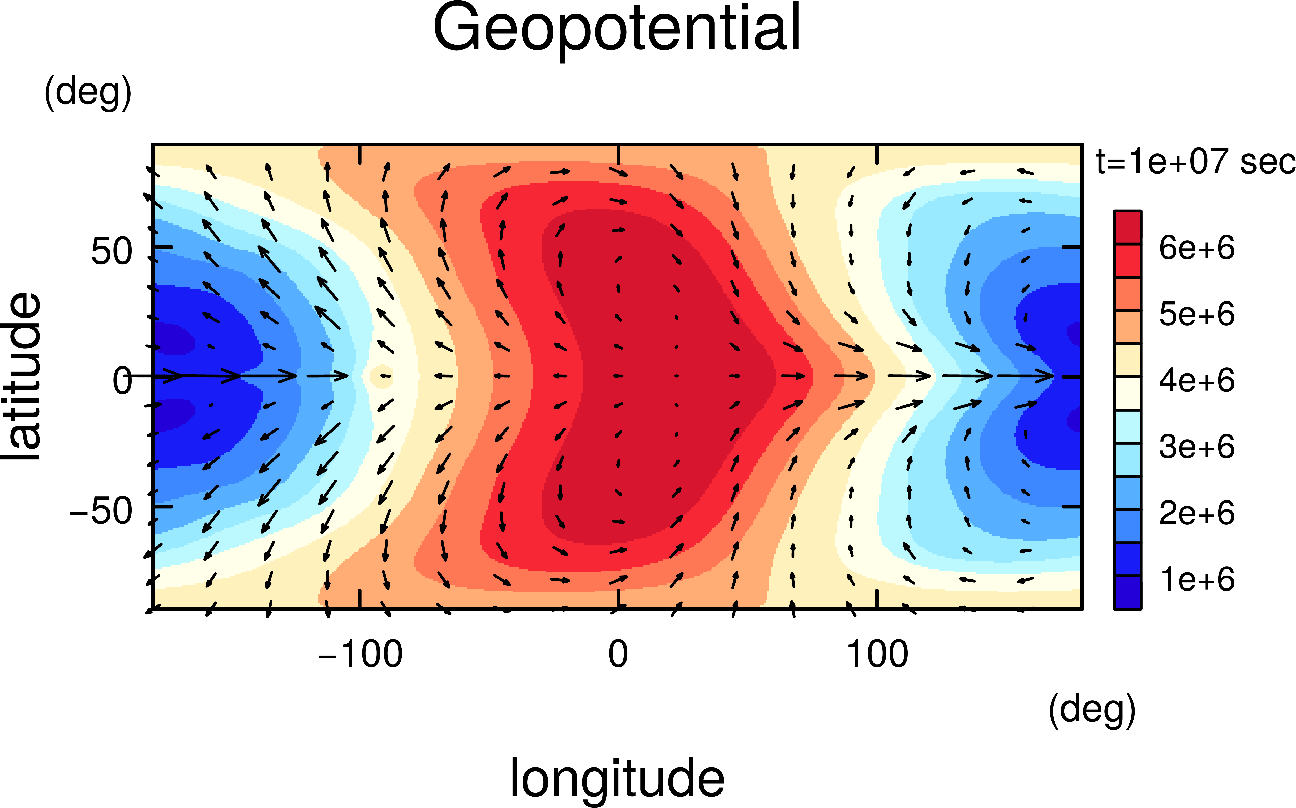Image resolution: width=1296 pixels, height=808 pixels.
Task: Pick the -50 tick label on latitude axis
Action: pyautogui.click(x=101, y=511)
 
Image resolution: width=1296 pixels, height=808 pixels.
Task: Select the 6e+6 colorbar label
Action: pyautogui.click(x=1197, y=248)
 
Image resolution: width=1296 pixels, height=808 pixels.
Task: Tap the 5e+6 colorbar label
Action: pyautogui.click(x=1197, y=314)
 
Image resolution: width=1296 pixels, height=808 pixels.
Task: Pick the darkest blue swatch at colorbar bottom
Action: pyautogui.click(x=1127, y=592)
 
